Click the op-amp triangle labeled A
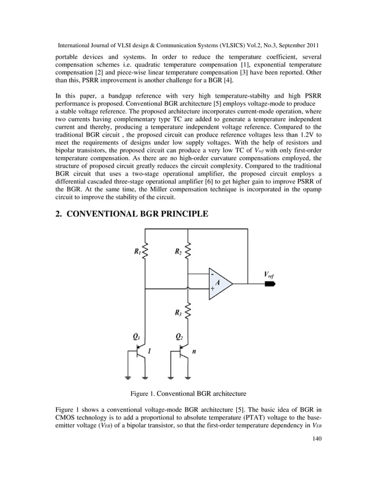pos(220,284)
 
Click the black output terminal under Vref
pos(271,284)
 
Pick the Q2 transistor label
pos(179,337)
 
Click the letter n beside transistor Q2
pos(194,351)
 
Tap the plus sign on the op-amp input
pos(212,289)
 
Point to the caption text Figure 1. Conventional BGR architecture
pos(188,393)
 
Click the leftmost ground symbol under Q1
pos(128,376)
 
